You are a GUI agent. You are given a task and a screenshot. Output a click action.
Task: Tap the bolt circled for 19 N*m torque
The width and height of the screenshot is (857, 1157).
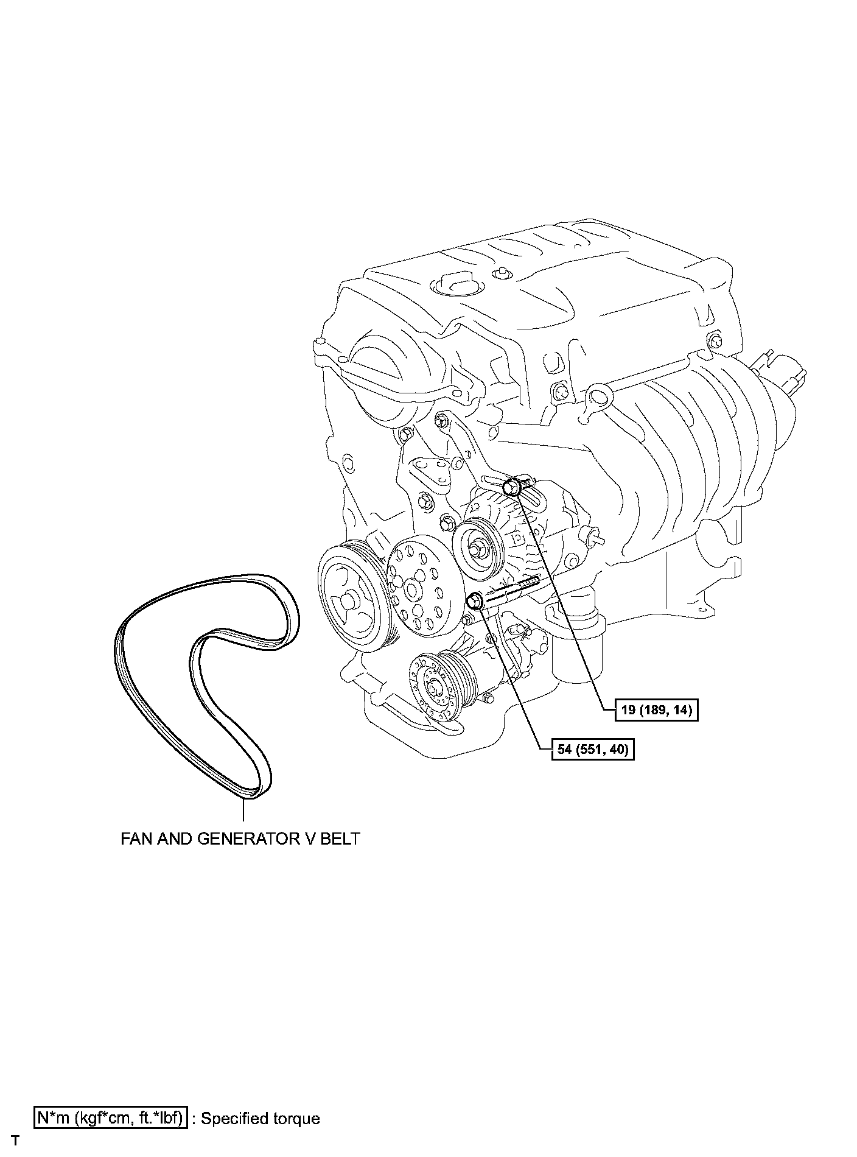pyautogui.click(x=513, y=487)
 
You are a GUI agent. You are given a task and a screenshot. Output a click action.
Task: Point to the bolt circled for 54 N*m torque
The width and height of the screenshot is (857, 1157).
pyautogui.click(x=475, y=602)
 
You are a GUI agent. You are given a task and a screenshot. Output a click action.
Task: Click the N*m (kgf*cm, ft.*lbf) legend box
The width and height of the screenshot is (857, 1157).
pyautogui.click(x=110, y=1118)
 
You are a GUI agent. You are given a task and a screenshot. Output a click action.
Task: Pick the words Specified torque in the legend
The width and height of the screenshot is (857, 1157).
pyautogui.click(x=260, y=1119)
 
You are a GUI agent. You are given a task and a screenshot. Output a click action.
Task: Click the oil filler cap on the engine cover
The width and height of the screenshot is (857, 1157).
pyautogui.click(x=453, y=285)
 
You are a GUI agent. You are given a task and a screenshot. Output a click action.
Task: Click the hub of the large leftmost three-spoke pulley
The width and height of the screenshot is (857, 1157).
pyautogui.click(x=348, y=600)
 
